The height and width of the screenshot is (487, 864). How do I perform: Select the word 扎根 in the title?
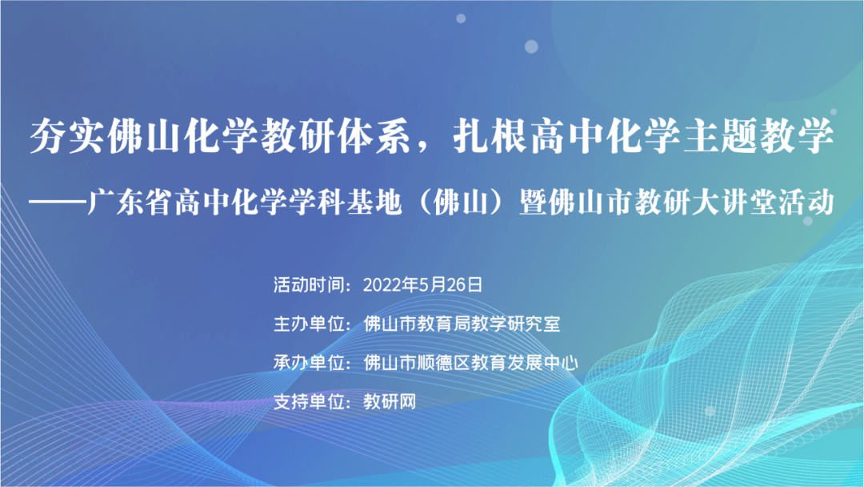[490, 136]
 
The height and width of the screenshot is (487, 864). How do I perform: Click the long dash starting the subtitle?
[58, 203]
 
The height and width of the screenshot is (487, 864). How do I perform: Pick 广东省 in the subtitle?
[130, 203]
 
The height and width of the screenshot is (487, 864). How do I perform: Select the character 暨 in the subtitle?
[534, 203]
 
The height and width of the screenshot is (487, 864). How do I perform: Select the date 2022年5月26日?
[422, 284]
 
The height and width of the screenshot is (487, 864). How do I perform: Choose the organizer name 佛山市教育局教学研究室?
[462, 324]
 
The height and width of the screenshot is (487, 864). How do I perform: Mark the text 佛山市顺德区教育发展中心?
[470, 362]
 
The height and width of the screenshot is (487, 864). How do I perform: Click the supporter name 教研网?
[390, 401]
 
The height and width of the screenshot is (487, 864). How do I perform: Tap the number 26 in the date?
[456, 284]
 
